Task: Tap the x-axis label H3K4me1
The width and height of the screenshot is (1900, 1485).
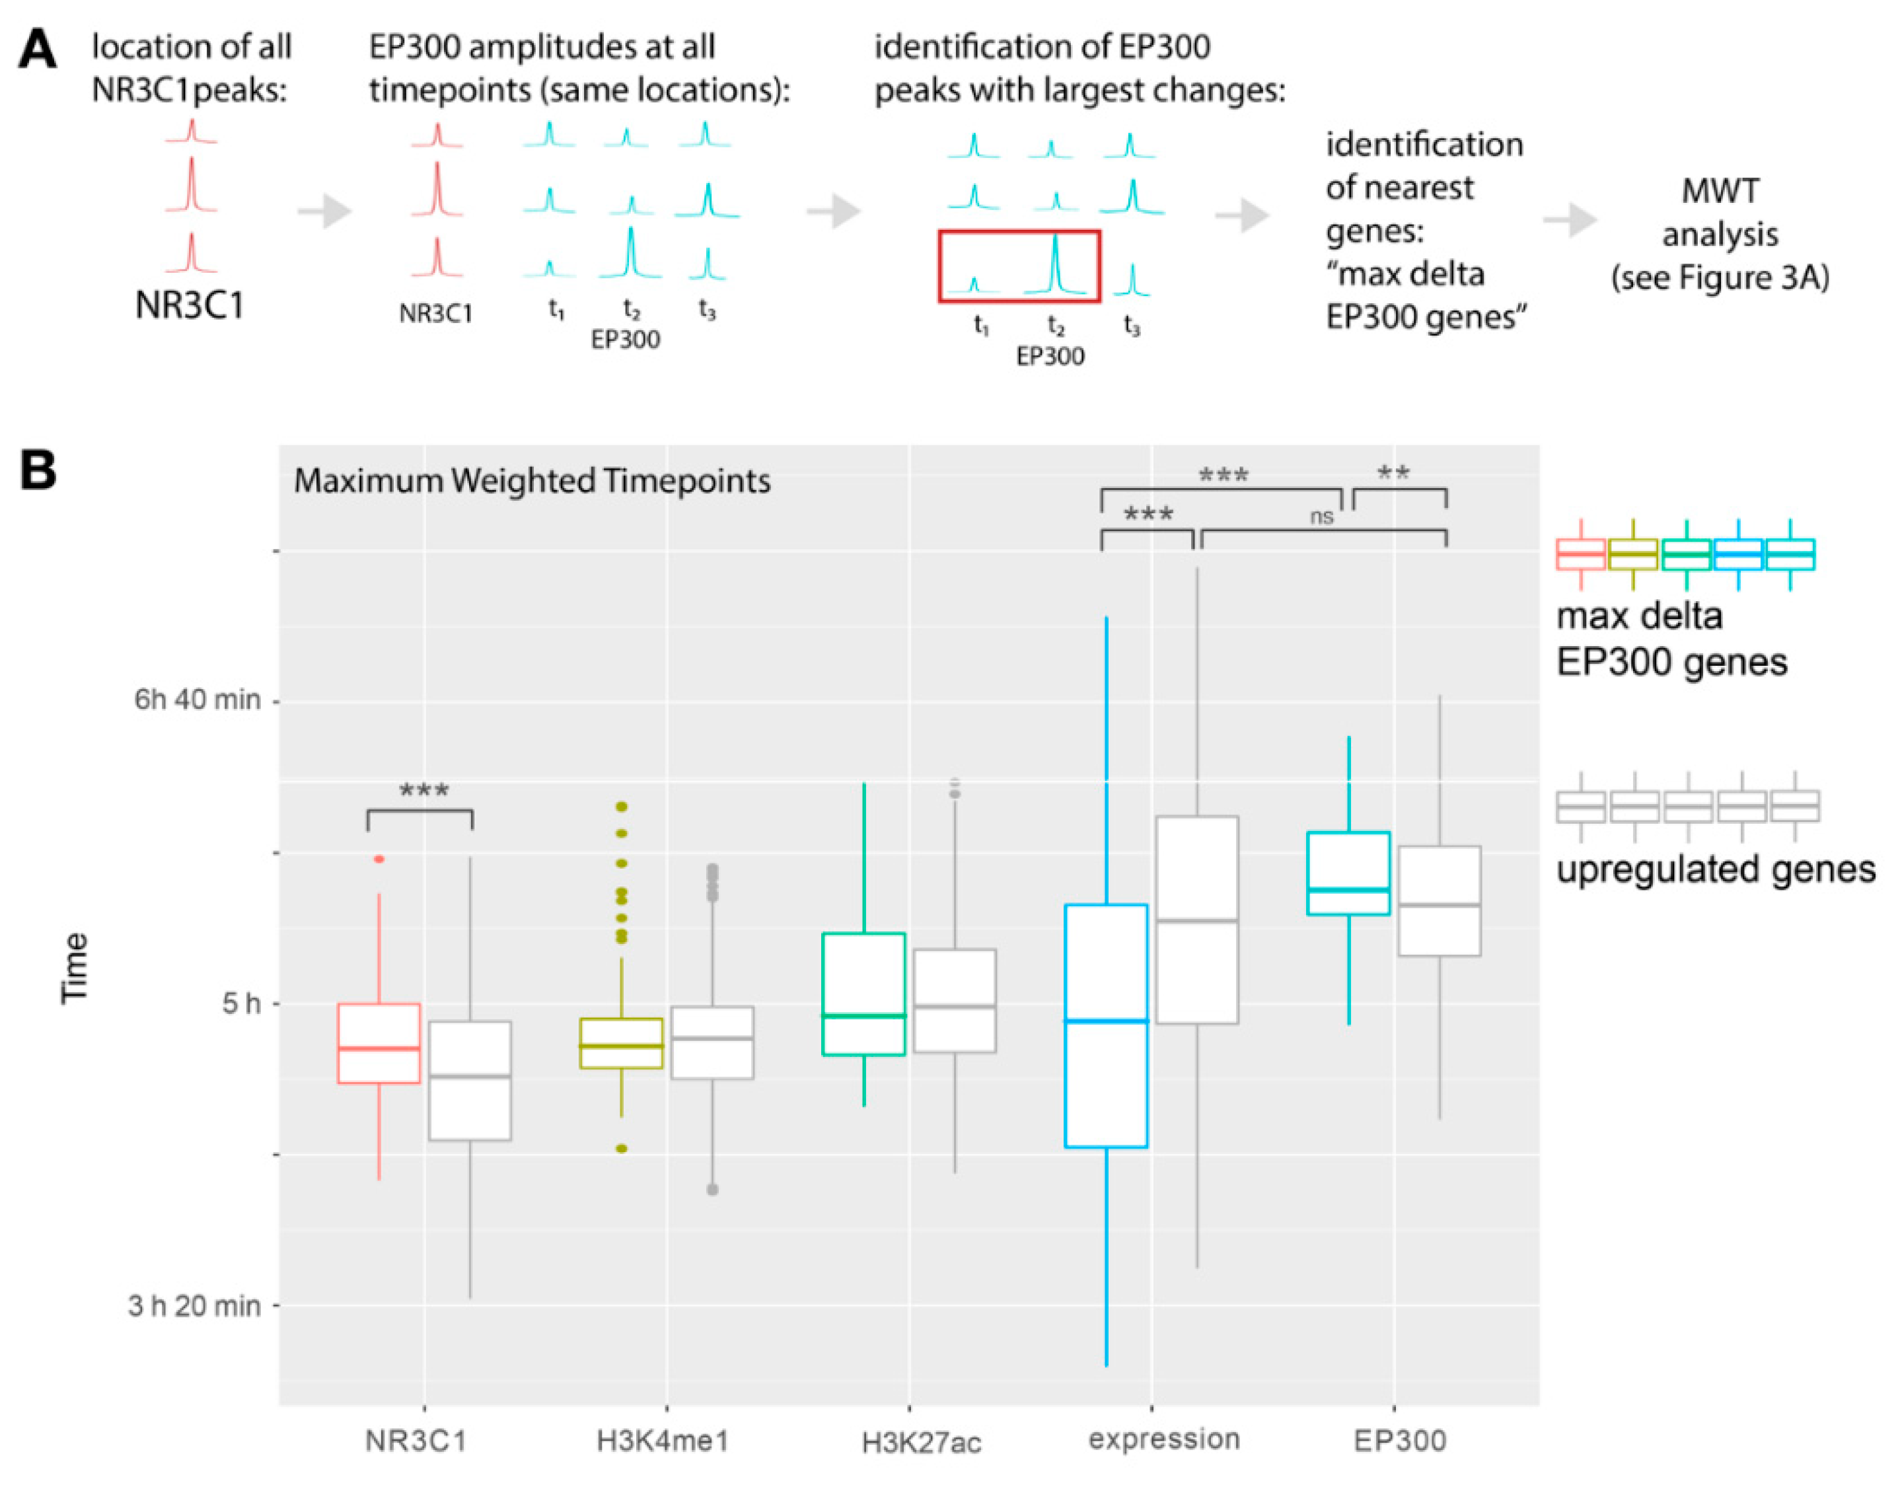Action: coord(662,1441)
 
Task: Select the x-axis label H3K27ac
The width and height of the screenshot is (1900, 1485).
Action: coord(920,1443)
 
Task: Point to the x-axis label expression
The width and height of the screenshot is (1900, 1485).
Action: coord(1163,1440)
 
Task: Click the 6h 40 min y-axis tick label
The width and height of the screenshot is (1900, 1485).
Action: coord(197,700)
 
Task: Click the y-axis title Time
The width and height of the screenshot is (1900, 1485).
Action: coord(75,968)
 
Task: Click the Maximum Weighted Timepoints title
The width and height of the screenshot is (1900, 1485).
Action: coord(532,481)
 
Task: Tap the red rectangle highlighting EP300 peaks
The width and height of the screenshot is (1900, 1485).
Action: coord(1019,266)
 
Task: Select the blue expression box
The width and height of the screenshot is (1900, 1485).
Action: coord(1106,1026)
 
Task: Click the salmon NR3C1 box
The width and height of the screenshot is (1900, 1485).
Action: coord(379,1043)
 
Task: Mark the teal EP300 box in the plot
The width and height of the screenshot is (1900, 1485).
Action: coord(1348,873)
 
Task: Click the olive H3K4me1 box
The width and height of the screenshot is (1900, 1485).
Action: coord(621,1043)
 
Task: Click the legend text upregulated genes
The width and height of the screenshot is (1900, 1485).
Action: coord(1715,870)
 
